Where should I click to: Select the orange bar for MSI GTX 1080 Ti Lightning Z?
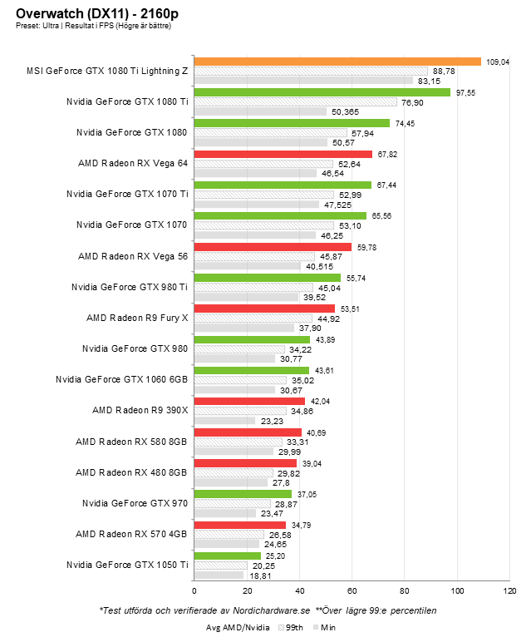pyautogui.click(x=337, y=62)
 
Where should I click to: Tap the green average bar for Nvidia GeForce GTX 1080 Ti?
pyautogui.click(x=322, y=92)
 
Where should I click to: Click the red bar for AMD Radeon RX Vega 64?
pyautogui.click(x=283, y=154)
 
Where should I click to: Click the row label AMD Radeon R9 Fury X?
pyautogui.click(x=137, y=318)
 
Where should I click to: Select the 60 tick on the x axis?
pyautogui.click(x=352, y=591)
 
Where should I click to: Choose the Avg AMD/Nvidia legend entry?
pyautogui.click(x=239, y=629)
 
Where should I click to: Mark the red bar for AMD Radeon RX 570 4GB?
pyautogui.click(x=239, y=525)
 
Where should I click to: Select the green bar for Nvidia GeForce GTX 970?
pyautogui.click(x=243, y=494)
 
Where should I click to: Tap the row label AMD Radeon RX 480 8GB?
pyautogui.click(x=131, y=472)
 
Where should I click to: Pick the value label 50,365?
pyautogui.click(x=345, y=111)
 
